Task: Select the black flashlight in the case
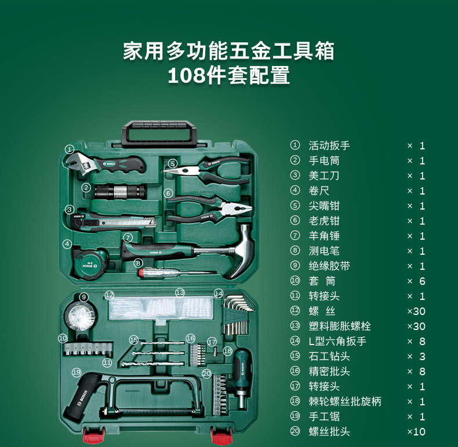pos(120,192)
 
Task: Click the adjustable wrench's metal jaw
pos(78,164)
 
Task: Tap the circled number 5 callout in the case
pos(173,164)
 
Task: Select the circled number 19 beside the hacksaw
pos(76,372)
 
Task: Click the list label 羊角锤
pos(324,236)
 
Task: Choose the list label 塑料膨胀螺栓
pos(339,326)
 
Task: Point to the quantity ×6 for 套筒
pos(416,281)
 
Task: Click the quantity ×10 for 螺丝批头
pos(416,431)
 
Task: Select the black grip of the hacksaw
pos(82,397)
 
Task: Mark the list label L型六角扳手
pos(337,342)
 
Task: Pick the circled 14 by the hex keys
pos(219,293)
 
